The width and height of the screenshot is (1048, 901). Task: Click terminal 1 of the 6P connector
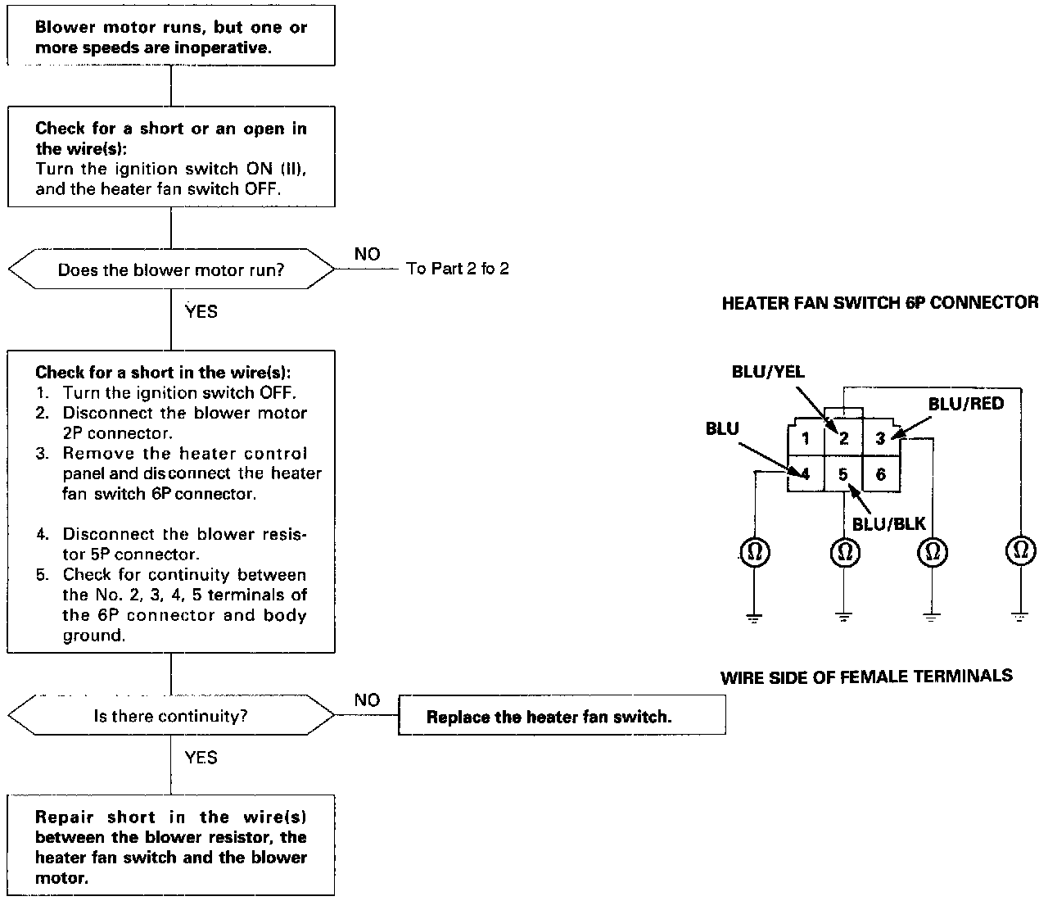(806, 438)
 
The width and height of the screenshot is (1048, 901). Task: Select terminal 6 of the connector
(881, 474)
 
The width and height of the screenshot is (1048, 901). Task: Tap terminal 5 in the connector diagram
(843, 474)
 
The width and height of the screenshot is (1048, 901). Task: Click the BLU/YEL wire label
(768, 372)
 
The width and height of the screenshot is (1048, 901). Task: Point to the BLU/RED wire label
(966, 404)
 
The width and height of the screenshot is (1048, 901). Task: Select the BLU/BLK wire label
(889, 523)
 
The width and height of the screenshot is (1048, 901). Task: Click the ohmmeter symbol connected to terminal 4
(755, 553)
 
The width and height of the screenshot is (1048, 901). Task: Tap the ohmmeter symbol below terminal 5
(845, 553)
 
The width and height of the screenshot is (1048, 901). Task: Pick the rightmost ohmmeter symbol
(1020, 550)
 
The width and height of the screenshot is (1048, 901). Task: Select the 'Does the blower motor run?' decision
(171, 269)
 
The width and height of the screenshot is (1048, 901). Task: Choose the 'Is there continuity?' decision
(171, 716)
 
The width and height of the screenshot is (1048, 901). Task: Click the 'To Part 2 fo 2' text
(458, 269)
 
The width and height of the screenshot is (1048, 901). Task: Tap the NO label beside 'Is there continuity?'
(368, 700)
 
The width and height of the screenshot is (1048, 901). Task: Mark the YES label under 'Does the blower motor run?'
(201, 312)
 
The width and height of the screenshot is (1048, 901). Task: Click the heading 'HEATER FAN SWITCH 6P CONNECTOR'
(880, 303)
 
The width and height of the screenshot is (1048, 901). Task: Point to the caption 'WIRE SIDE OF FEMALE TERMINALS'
(866, 677)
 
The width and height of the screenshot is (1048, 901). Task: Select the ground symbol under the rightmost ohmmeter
(1020, 615)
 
